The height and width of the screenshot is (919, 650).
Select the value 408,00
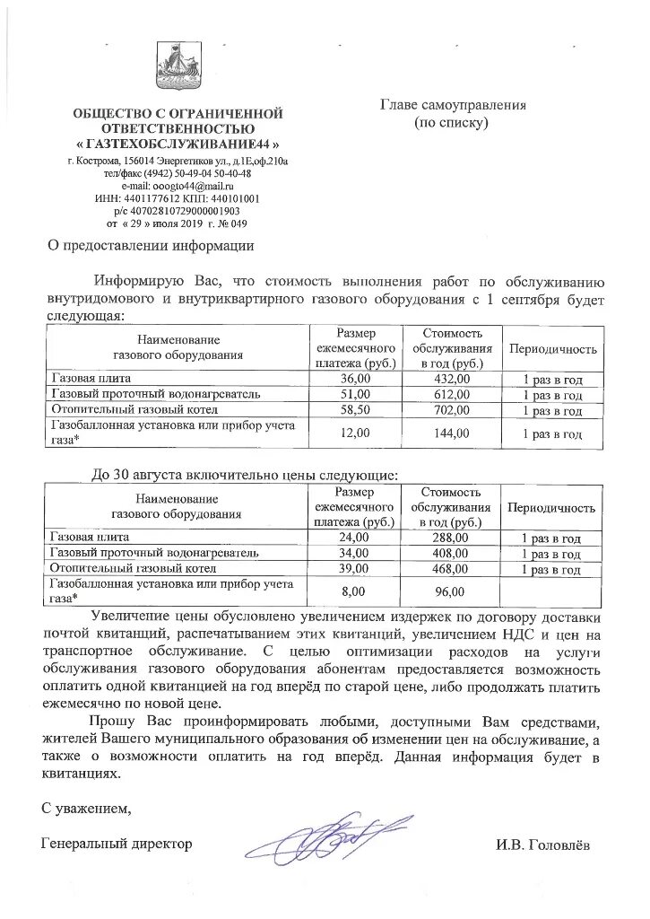click(x=447, y=553)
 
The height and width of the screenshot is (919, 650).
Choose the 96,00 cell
click(x=447, y=591)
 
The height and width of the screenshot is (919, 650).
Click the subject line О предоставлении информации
click(x=151, y=244)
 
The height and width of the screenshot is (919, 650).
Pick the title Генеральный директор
click(x=117, y=845)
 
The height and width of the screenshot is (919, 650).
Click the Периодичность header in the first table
click(x=552, y=348)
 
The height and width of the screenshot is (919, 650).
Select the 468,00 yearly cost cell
click(x=447, y=568)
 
